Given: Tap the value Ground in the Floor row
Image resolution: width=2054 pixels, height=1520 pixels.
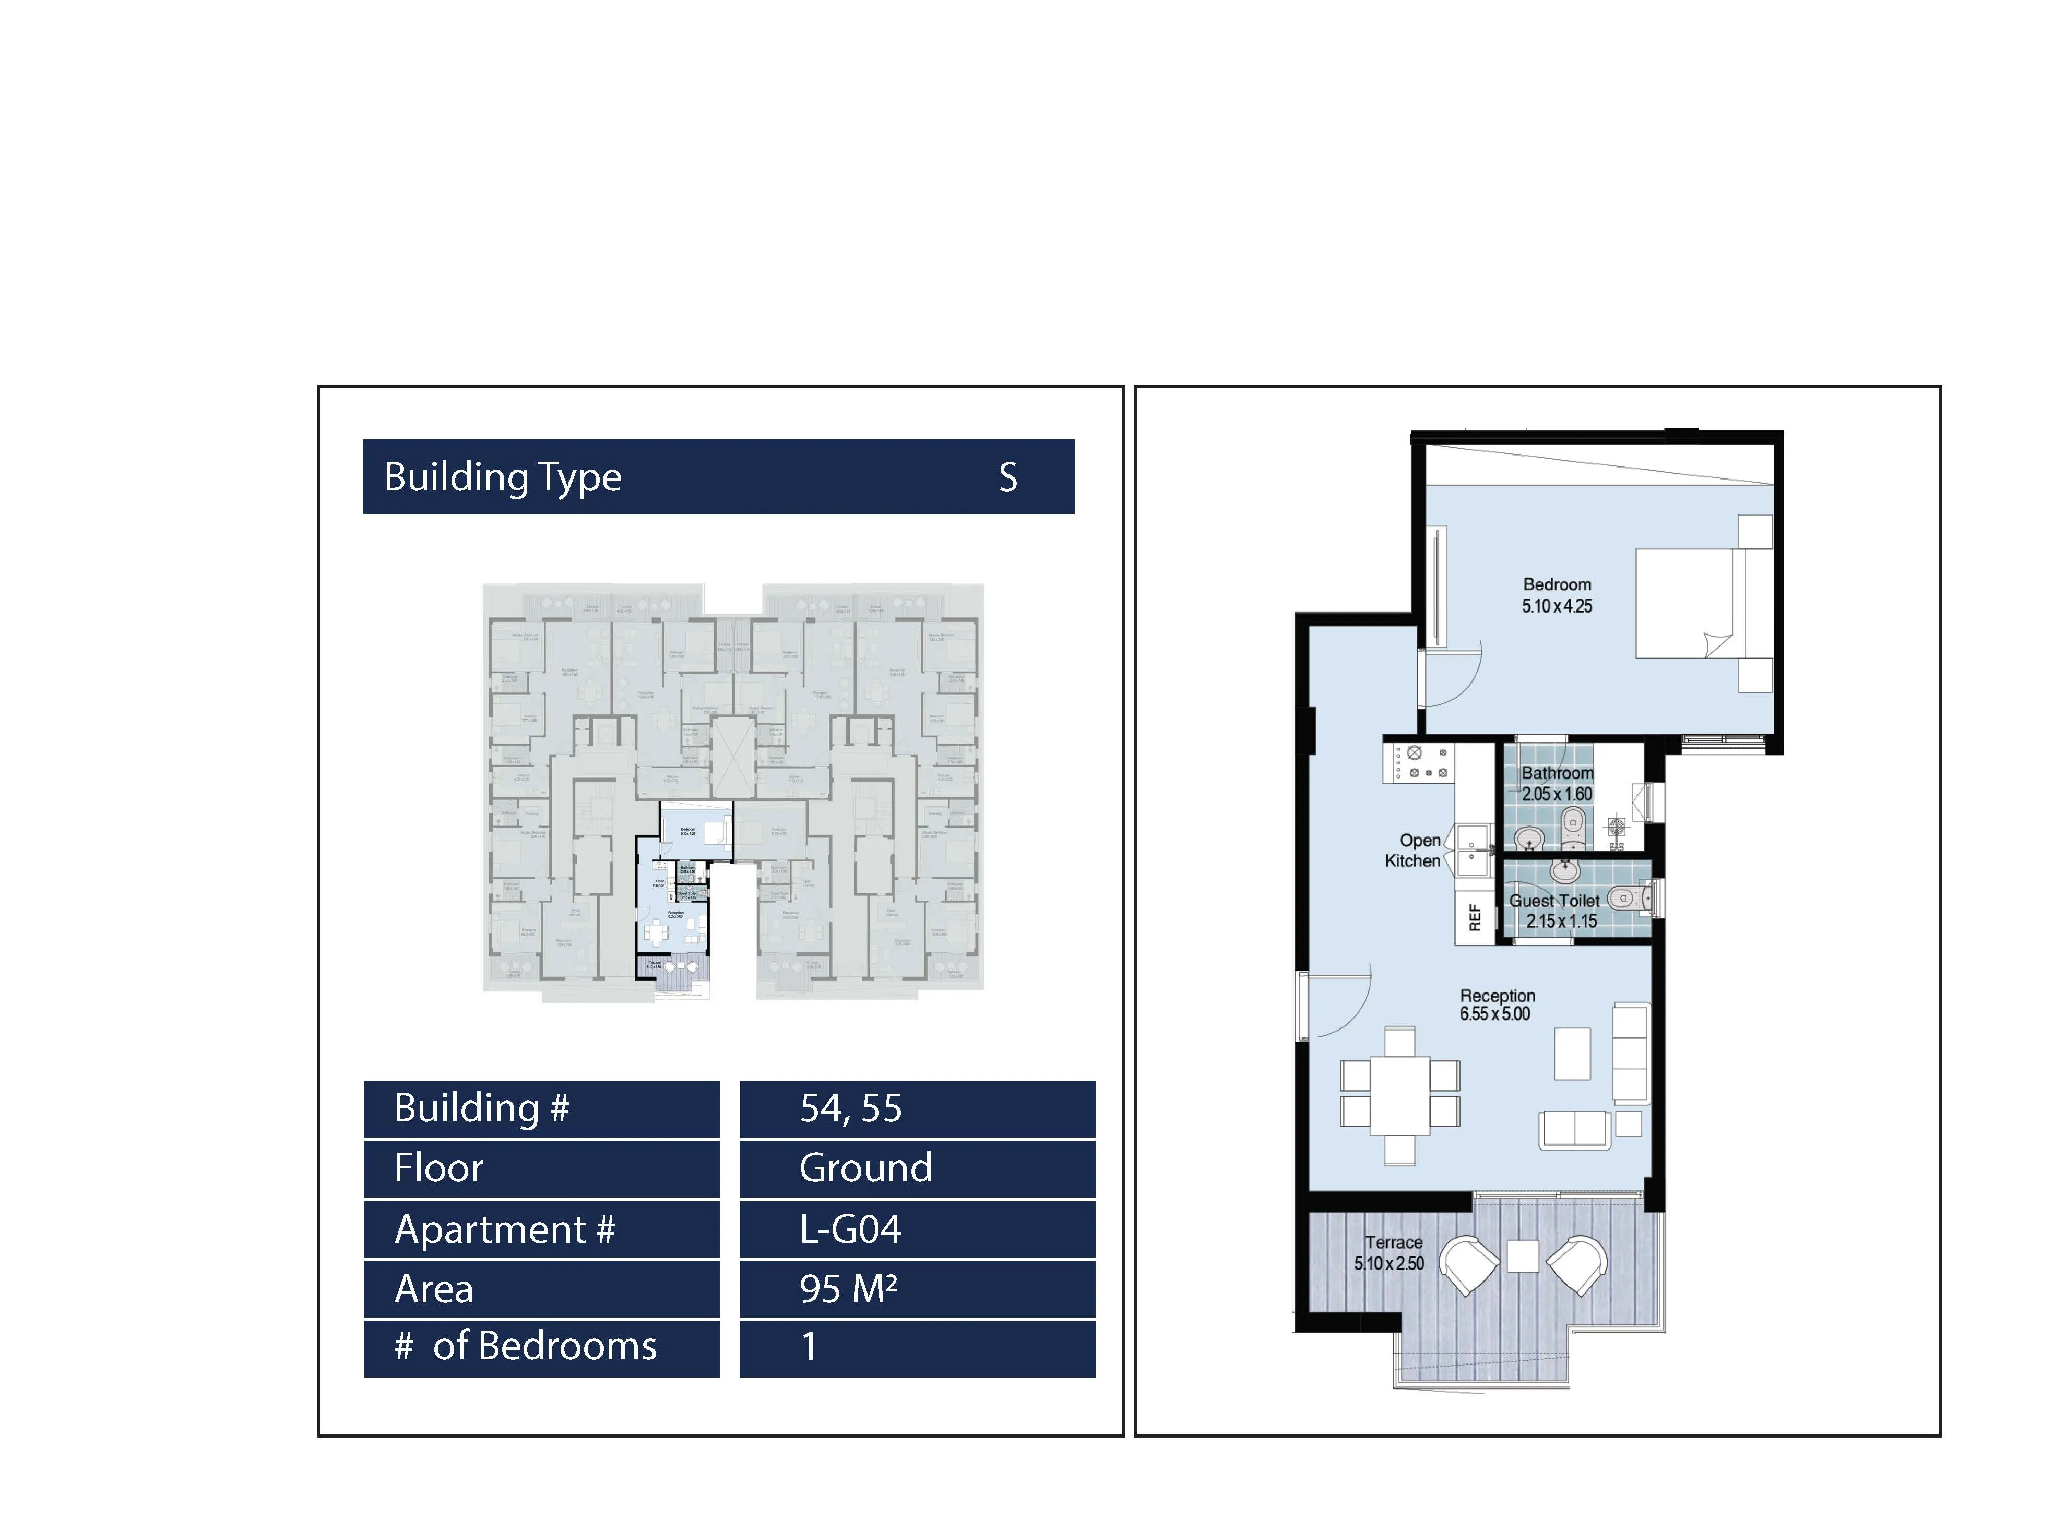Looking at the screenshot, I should click(x=865, y=1168).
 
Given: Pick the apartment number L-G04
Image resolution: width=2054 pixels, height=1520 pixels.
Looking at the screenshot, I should click(x=849, y=1229).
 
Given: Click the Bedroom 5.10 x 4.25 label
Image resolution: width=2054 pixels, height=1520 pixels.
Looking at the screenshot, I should click(x=1556, y=595).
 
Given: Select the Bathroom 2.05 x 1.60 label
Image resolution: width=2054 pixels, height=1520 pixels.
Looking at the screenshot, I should click(x=1556, y=783).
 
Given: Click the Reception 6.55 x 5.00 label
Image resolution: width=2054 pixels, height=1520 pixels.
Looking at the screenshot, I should click(x=1497, y=1005).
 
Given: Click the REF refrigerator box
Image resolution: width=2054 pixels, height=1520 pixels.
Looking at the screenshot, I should click(x=1474, y=917).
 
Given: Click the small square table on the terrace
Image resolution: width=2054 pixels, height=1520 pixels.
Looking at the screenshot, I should click(x=1522, y=1257).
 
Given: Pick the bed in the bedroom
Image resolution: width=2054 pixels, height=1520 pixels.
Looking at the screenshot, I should click(x=1703, y=604).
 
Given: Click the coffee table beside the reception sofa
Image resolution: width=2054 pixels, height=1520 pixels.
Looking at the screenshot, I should click(x=1572, y=1054).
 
